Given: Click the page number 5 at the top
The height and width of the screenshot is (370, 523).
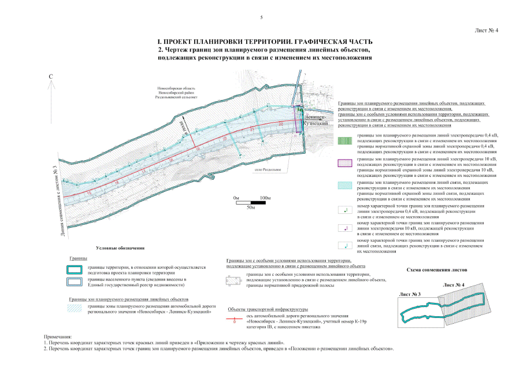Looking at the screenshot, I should [261, 18].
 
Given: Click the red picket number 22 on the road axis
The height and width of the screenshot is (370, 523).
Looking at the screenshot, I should [281, 124].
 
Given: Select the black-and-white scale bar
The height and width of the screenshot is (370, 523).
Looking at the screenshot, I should [251, 202].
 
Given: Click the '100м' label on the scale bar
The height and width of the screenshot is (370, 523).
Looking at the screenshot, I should [266, 198].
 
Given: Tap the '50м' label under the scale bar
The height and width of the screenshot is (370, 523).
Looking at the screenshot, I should [251, 207].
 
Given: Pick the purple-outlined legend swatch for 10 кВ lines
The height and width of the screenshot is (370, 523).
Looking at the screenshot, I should [345, 162].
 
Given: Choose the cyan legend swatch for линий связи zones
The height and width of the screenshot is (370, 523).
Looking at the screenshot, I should [345, 184].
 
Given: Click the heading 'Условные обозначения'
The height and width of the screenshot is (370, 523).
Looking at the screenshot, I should [120, 248].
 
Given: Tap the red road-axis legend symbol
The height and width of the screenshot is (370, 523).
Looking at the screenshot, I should [233, 319].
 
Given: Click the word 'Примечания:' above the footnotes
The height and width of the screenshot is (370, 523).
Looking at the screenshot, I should [58, 336].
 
